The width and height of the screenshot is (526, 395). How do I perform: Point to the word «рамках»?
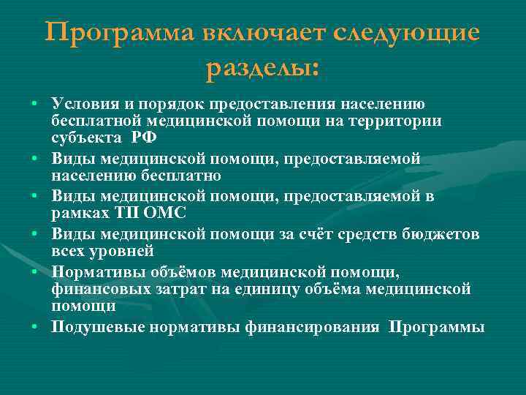[x=77, y=214]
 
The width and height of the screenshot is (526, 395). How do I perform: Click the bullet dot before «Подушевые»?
[x=35, y=326]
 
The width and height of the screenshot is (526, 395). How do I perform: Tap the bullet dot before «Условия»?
[x=35, y=104]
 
